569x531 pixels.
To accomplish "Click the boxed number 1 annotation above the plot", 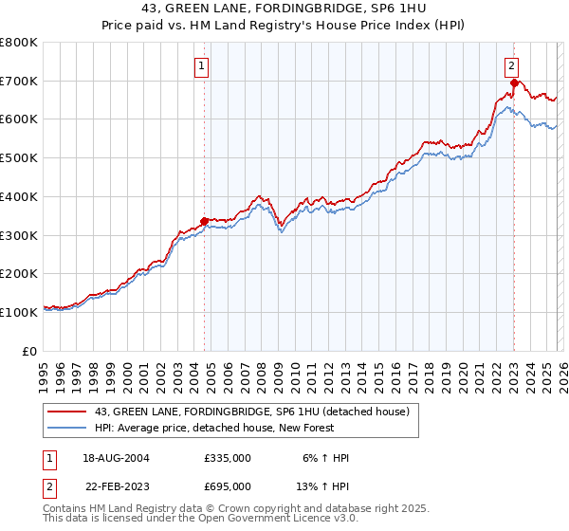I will [204, 66].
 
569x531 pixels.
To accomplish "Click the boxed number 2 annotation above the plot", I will [511, 66].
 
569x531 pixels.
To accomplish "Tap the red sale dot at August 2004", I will [204, 222].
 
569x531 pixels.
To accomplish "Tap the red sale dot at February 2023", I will [513, 83].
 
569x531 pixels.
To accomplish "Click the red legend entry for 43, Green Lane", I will [251, 412].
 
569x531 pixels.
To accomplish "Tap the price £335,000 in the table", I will [228, 458].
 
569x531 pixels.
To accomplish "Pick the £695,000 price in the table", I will [228, 486].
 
